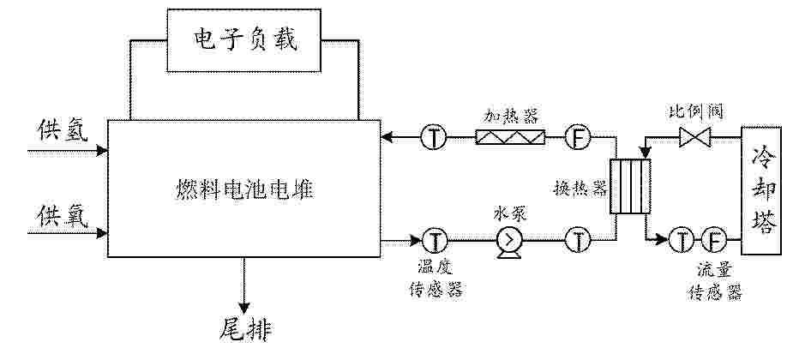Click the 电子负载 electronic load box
tap(243, 40)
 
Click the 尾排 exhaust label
tap(246, 331)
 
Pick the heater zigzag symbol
tap(510, 137)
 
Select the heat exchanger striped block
tap(629, 186)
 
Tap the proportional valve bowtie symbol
tap(695, 137)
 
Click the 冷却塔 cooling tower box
tap(761, 190)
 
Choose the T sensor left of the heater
tap(434, 137)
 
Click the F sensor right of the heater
tap(578, 137)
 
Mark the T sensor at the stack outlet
tap(434, 240)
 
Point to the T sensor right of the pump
tap(578, 240)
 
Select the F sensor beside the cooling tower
tap(714, 239)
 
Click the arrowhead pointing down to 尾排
tap(244, 308)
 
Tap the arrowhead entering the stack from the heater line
tap(387, 136)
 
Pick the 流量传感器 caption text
tap(713, 282)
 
